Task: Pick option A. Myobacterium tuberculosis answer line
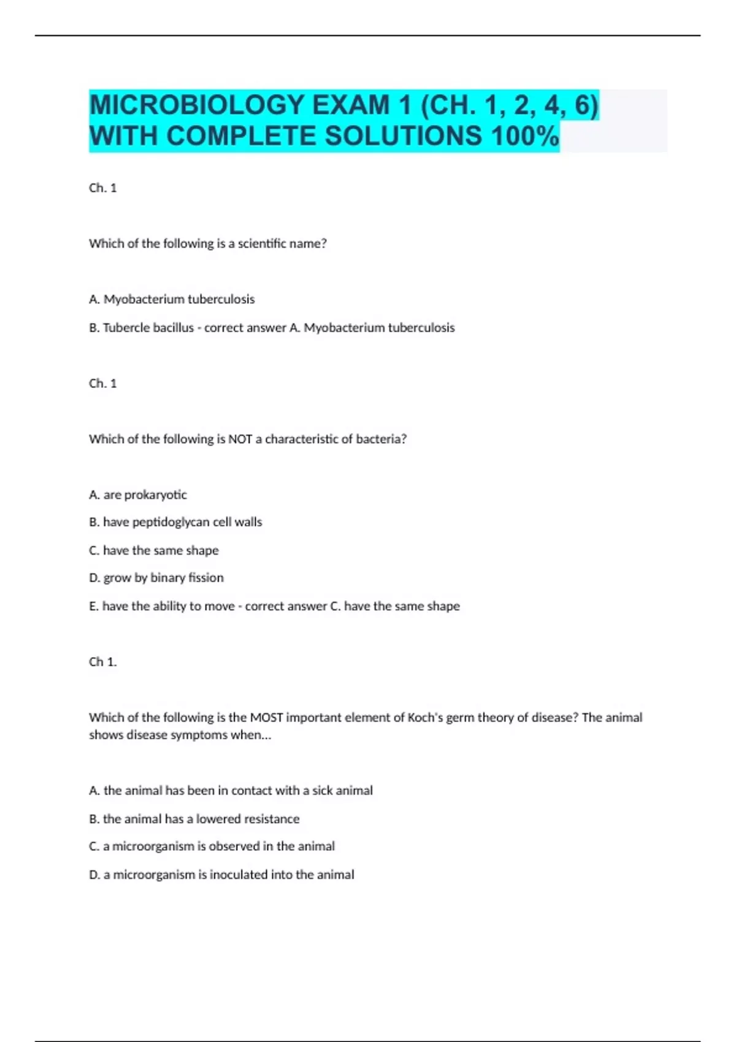(172, 299)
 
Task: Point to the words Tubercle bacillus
(148, 327)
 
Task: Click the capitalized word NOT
(240, 439)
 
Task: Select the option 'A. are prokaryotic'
(138, 495)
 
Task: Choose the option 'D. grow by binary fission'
(156, 577)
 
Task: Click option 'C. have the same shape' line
(154, 550)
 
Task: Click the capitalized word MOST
(266, 717)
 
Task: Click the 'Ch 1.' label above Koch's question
(103, 662)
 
